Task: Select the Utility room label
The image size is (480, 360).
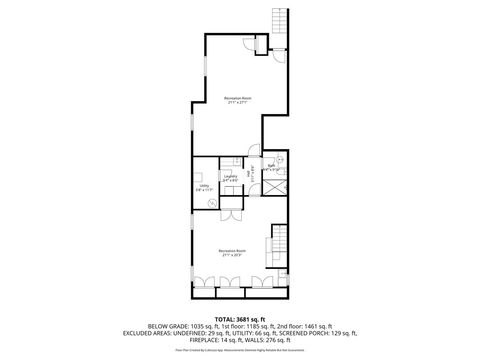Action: click(204, 186)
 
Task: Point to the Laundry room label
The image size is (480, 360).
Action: click(231, 177)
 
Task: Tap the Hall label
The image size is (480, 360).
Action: click(249, 173)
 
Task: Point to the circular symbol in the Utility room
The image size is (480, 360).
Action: click(212, 200)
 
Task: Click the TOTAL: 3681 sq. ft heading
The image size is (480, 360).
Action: click(240, 318)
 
